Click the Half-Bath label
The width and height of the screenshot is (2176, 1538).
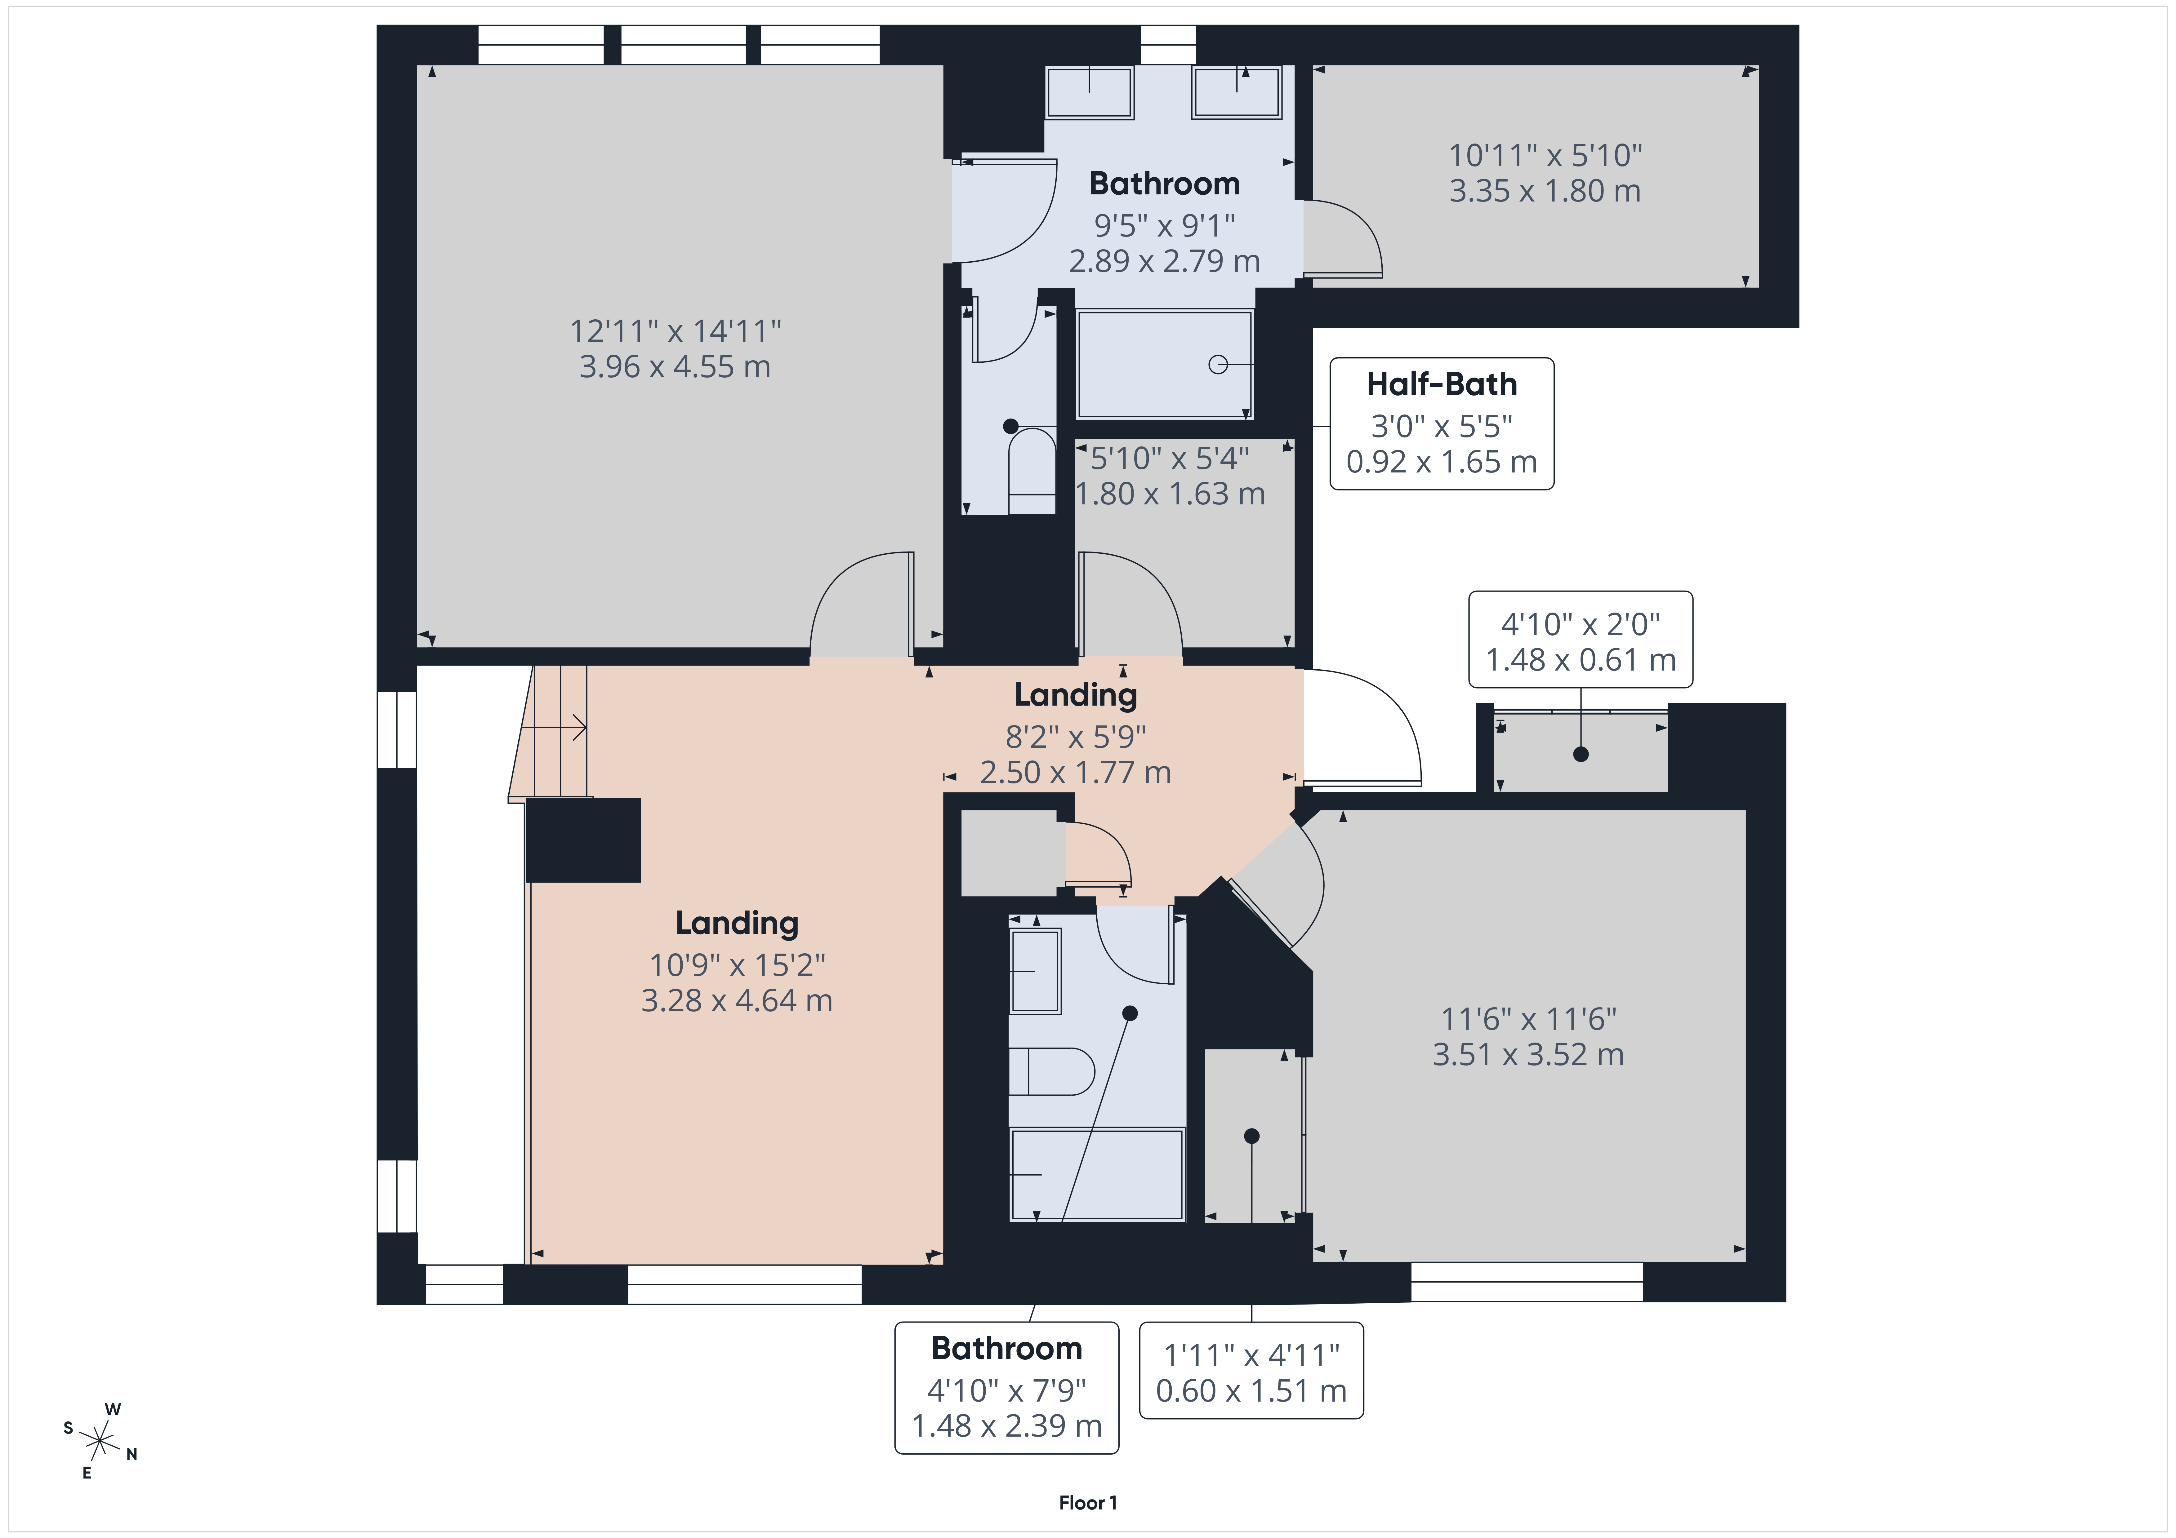click(x=1442, y=384)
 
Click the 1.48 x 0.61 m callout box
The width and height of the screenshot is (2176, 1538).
click(x=1581, y=640)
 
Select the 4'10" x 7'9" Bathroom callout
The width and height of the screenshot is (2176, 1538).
click(x=1006, y=1387)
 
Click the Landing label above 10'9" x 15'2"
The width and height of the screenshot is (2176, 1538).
click(x=736, y=923)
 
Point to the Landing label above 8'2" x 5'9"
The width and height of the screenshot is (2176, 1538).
click(x=1076, y=695)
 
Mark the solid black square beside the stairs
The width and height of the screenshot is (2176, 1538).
click(x=583, y=840)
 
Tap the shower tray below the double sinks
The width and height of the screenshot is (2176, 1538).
click(x=1165, y=364)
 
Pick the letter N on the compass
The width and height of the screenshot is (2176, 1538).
click(x=132, y=1455)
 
